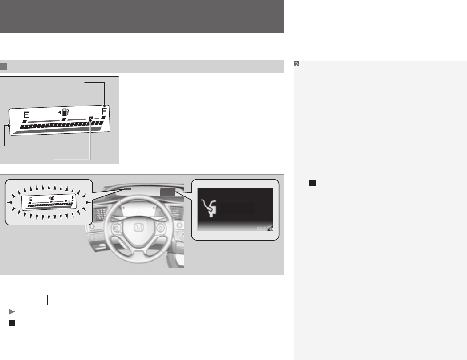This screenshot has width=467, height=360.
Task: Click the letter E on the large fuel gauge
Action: pyautogui.click(x=26, y=115)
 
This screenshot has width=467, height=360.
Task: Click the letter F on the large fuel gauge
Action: pyautogui.click(x=104, y=111)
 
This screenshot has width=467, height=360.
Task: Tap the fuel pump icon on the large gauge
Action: pyautogui.click(x=65, y=112)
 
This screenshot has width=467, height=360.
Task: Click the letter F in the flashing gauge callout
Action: pyautogui.click(x=73, y=197)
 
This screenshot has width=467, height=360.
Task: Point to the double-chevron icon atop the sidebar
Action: pyautogui.click(x=297, y=64)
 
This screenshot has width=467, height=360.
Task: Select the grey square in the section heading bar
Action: pyautogui.click(x=4, y=66)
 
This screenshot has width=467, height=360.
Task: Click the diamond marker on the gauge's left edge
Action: pyautogui.click(x=8, y=127)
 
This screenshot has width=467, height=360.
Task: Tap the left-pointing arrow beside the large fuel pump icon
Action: pyautogui.click(x=59, y=112)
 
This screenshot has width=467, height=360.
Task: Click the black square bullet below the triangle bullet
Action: pyautogui.click(x=12, y=323)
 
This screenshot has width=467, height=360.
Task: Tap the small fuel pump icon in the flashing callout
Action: pyautogui.click(x=53, y=198)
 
